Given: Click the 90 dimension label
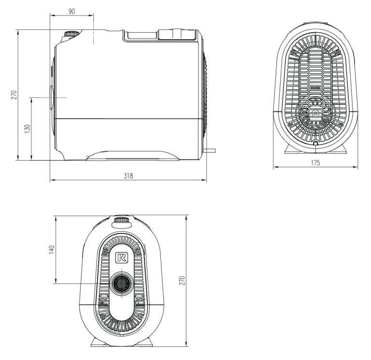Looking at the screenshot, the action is click(x=71, y=11).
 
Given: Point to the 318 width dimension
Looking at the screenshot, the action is click(x=128, y=176).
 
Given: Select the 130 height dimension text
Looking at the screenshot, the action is click(x=28, y=128).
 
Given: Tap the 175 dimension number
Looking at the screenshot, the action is click(x=315, y=163).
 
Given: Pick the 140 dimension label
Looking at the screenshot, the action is click(x=51, y=250).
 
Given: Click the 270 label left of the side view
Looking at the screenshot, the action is click(x=14, y=95).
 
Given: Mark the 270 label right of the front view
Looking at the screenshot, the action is click(x=182, y=280).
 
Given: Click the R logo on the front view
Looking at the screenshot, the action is click(x=122, y=257).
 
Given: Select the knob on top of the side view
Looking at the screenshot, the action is click(x=71, y=34).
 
